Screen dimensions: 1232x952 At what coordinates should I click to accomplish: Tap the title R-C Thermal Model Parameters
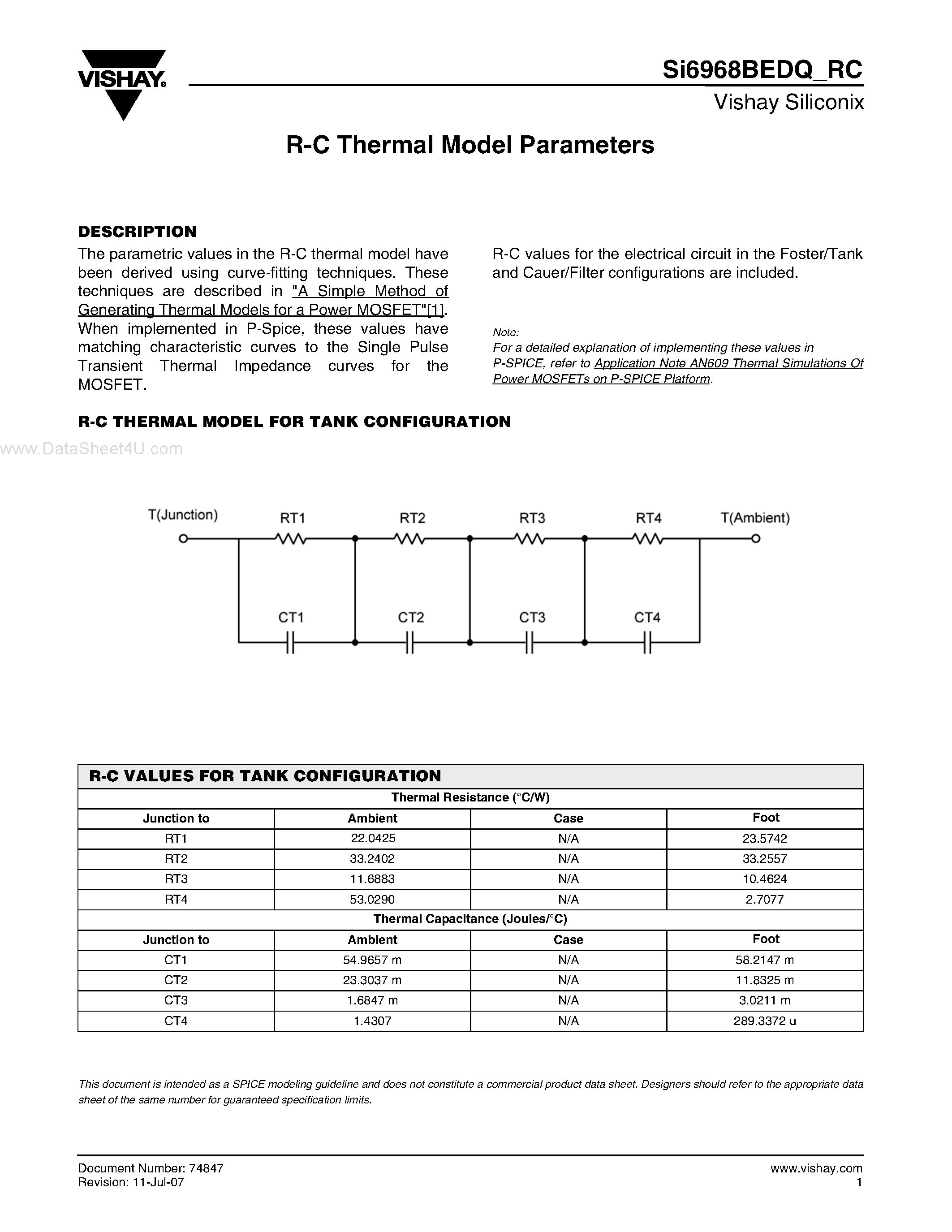[470, 146]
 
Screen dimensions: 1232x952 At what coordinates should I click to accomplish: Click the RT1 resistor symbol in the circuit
[291, 539]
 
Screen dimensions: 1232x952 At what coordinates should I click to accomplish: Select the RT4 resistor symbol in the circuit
[648, 539]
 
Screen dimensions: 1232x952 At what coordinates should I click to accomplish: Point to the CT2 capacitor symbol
[410, 642]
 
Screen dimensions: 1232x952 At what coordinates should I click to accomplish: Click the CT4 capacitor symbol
[647, 642]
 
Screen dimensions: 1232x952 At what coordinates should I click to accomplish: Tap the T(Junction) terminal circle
[183, 538]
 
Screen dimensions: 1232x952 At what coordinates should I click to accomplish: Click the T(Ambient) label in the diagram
[755, 518]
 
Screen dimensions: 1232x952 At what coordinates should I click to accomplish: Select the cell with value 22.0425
[373, 838]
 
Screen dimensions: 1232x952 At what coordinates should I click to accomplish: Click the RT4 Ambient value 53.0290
[373, 899]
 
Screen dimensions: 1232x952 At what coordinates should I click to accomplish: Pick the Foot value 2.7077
[765, 899]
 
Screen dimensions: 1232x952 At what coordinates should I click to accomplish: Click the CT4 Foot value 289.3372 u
[765, 1021]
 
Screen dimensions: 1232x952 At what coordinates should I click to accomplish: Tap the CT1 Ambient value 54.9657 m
[373, 960]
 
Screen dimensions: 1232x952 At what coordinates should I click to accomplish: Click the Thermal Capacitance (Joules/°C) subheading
[470, 919]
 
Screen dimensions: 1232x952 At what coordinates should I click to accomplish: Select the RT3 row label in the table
[176, 879]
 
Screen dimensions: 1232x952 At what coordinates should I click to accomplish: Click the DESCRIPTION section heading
[137, 232]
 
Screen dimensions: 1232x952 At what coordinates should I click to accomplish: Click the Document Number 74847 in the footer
[151, 1168]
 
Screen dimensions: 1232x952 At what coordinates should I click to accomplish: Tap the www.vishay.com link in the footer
[816, 1168]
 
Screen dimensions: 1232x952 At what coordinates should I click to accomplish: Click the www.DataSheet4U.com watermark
[91, 449]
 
